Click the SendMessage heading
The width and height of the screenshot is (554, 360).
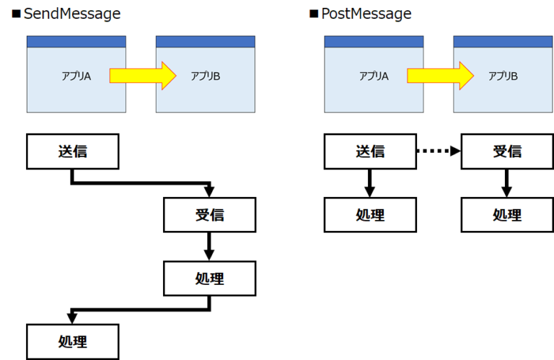pos(72,14)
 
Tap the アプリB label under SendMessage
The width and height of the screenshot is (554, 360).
pos(206,75)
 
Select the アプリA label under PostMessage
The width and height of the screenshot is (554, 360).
pos(374,75)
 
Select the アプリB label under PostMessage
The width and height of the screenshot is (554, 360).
pos(504,75)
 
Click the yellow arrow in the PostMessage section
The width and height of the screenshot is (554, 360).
pos(439,75)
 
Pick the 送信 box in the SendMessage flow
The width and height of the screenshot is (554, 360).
pos(73,152)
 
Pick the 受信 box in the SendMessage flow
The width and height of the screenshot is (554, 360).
pos(210,214)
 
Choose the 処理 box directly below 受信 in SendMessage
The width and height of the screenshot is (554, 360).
pos(210,278)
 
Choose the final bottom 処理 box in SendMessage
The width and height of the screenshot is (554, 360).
pos(73,341)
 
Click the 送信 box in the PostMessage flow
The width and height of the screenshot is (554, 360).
pos(370,152)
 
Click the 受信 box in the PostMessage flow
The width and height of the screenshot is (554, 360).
pos(507,152)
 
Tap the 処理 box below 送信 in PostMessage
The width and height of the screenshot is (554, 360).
pos(370,214)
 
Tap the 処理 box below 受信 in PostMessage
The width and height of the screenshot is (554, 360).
pos(507,214)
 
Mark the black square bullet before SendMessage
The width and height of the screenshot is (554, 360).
pos(16,14)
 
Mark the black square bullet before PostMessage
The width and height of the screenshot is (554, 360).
pos(314,14)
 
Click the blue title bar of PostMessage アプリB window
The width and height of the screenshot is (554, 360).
pos(503,42)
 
